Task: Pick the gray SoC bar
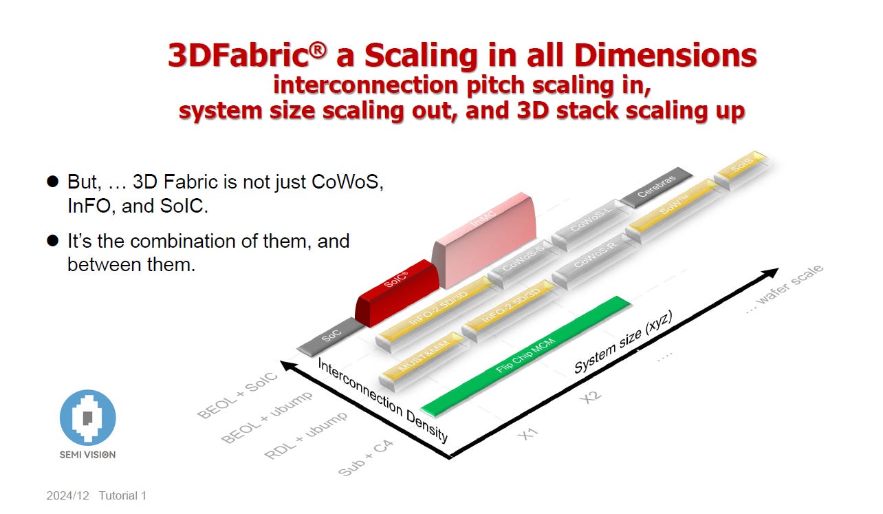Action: click(330, 336)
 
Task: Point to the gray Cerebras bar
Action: click(656, 186)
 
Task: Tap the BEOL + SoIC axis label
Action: click(237, 395)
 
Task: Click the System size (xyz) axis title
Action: click(623, 341)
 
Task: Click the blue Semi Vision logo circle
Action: click(87, 417)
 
